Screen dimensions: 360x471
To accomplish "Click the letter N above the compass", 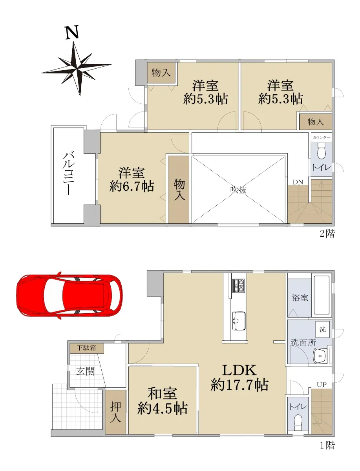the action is (x=72, y=32).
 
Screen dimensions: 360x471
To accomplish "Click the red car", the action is (x=69, y=296).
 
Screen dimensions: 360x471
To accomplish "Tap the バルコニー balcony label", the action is (x=69, y=173).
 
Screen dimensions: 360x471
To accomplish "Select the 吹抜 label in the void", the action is (x=238, y=190).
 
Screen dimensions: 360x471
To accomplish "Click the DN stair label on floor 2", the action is (x=298, y=182).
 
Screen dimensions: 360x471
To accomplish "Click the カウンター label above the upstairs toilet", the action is (x=322, y=137).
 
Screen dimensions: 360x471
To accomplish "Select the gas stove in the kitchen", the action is (x=239, y=286).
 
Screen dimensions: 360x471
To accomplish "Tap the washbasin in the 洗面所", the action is (x=320, y=356).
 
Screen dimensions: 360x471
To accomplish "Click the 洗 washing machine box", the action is (x=322, y=329).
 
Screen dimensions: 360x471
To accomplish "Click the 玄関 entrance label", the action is (x=86, y=371).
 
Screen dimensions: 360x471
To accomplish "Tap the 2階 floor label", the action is (x=327, y=234).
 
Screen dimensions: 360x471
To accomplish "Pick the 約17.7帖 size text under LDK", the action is (x=239, y=385).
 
